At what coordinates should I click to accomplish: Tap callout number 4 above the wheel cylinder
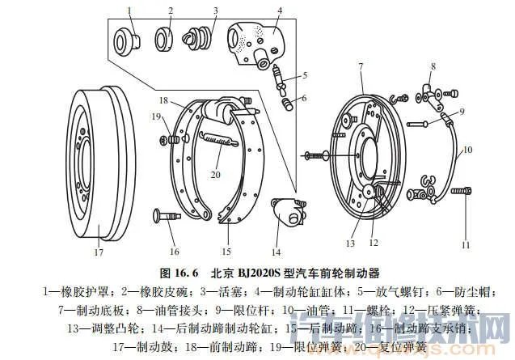pyautogui.click(x=279, y=11)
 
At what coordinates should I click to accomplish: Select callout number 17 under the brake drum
pyautogui.click(x=98, y=252)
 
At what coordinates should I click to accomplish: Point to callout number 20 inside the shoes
pyautogui.click(x=215, y=174)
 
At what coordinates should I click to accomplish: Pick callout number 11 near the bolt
pyautogui.click(x=465, y=244)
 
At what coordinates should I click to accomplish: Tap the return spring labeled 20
pyautogui.click(x=217, y=138)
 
